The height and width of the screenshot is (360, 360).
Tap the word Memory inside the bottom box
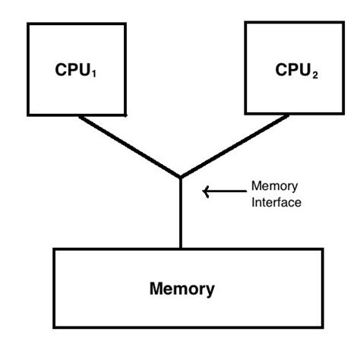coord(182,289)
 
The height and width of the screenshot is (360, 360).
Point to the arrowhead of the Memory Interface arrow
coord(204,191)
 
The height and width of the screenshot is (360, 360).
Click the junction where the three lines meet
coord(180,178)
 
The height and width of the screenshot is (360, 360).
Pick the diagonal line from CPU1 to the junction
coord(129,146)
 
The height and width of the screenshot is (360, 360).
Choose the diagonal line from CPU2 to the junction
coord(234,146)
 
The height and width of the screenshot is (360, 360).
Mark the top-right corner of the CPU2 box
coord(335,22)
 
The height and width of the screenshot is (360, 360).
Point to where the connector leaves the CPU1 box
coord(81,115)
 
